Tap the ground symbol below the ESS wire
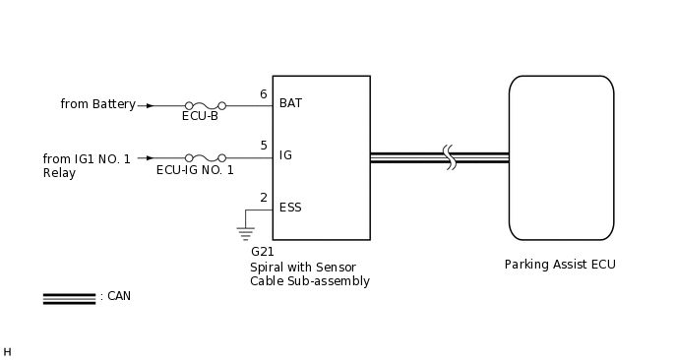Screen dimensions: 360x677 pos(244,232)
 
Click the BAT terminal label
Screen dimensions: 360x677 pos(290,103)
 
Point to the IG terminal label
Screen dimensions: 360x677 pos(285,155)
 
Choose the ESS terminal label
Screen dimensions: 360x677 pos(290,208)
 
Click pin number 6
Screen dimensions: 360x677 pos(263,94)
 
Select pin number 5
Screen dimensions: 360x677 pos(263,146)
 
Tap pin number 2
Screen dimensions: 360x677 pos(263,198)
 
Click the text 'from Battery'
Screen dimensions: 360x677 pos(97,104)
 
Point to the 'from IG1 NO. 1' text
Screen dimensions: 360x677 pos(87,158)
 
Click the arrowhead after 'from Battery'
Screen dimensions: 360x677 pos(149,105)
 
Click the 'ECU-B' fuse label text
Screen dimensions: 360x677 pos(200,116)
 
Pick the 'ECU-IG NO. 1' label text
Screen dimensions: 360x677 pos(195,170)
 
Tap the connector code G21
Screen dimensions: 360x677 pos(263,252)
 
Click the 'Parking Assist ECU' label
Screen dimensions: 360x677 pos(560,265)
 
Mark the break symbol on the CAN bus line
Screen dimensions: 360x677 pos(450,157)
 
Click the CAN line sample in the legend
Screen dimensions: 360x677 pos(69,298)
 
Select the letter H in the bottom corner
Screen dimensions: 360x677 pos(7,351)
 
